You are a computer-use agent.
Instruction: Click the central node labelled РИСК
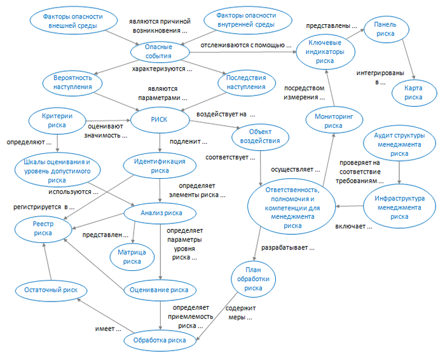tap(159, 120)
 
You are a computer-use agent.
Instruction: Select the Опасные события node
tap(158, 51)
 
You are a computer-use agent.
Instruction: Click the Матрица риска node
tap(132, 256)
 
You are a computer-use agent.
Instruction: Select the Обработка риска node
tap(160, 340)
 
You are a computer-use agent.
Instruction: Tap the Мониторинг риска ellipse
tap(333, 121)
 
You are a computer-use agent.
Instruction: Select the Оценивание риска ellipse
tap(160, 290)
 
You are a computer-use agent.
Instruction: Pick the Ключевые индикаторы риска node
tap(325, 51)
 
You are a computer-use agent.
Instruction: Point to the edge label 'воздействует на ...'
tap(225, 114)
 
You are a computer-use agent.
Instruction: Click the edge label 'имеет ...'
tap(109, 329)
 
